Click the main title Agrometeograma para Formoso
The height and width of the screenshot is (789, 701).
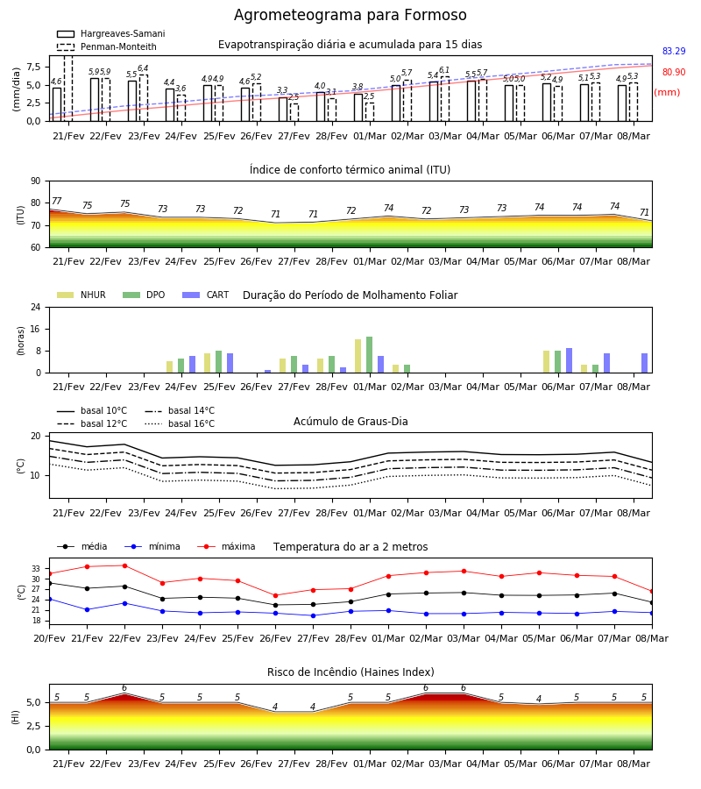tap(350, 15)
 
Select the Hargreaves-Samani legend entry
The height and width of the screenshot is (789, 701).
tap(110, 33)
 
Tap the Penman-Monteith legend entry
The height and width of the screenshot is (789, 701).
tap(107, 46)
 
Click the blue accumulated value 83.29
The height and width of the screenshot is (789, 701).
tap(674, 51)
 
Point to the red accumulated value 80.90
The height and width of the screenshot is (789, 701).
tap(674, 72)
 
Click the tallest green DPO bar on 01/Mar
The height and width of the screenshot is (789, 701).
tap(370, 355)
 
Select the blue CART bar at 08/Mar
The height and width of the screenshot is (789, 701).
tap(645, 363)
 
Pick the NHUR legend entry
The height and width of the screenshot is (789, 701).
tap(81, 295)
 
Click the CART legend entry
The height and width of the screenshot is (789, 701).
tap(206, 295)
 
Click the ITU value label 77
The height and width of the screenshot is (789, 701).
tap(56, 201)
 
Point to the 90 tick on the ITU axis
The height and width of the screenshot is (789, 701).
tap(35, 181)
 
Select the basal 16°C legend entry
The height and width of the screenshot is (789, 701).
tap(180, 423)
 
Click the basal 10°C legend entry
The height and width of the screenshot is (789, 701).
tap(92, 410)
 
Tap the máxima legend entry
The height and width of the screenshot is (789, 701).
tap(226, 546)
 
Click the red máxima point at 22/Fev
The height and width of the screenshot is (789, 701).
tap(124, 565)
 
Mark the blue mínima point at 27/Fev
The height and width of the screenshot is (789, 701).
tap(314, 615)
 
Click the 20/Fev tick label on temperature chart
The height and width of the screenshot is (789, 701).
tap(49, 638)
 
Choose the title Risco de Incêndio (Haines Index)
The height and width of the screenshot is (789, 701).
tap(350, 672)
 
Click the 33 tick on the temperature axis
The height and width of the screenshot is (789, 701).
tap(36, 569)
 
